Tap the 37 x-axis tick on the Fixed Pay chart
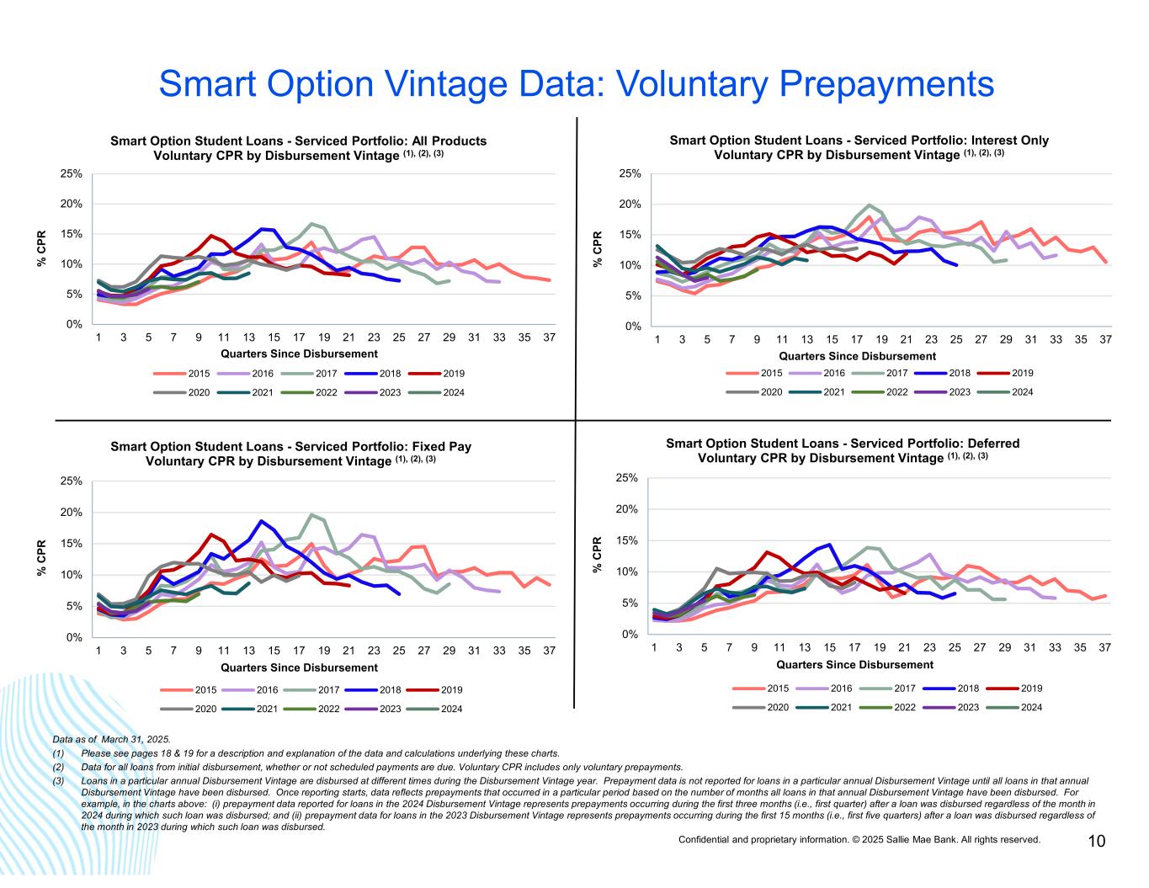549,651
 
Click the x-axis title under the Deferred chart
854,665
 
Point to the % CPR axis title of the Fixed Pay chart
41,558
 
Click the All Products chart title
298,148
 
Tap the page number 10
1096,842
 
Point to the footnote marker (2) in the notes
58,768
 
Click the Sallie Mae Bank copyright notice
859,840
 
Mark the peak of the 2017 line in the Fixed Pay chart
311,514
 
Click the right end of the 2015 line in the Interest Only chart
1105,263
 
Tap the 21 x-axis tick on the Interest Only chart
906,340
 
